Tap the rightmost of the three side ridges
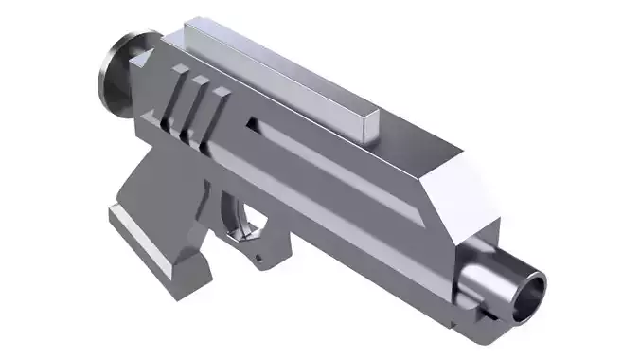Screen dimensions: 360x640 pyautogui.click(x=219, y=109)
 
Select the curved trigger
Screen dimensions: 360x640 pyautogui.click(x=254, y=221)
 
